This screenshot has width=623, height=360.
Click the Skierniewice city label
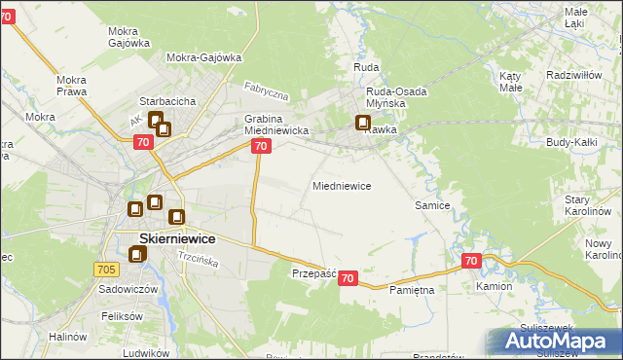pos(164,237)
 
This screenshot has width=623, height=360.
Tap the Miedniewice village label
pos(341,185)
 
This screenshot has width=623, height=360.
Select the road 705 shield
pos(107,269)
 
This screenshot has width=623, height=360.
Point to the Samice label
pos(432,205)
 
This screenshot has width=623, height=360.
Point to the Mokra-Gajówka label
pos(203,57)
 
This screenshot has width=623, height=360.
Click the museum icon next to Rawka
pos(363,124)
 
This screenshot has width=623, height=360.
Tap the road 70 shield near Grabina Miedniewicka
pos(260,146)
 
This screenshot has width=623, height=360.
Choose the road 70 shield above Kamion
pos(472,261)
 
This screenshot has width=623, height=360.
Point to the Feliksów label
pos(122,317)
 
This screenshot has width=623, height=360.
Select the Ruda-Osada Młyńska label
pos(397,97)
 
